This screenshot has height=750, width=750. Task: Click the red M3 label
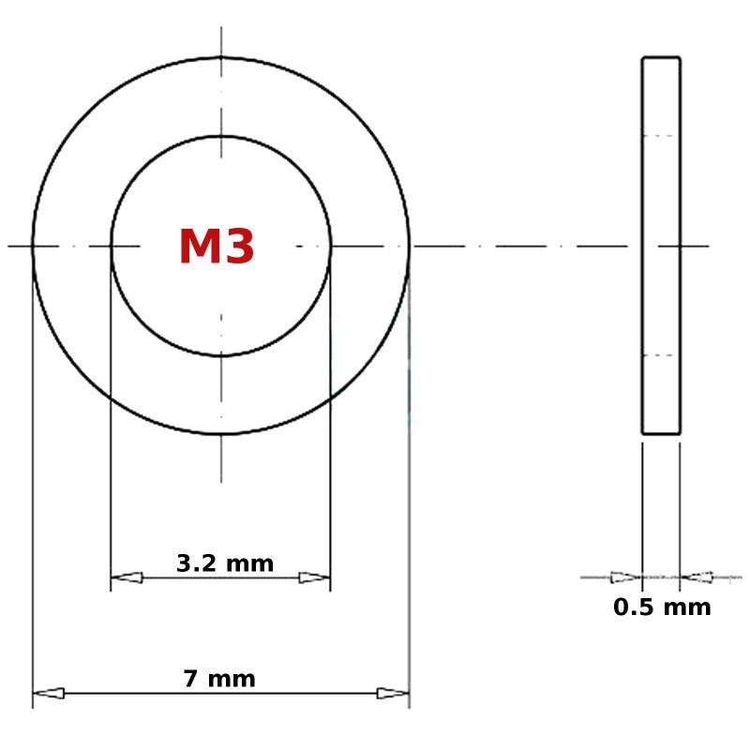pyautogui.click(x=217, y=246)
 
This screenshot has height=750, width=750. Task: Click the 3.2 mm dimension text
pyautogui.click(x=225, y=563)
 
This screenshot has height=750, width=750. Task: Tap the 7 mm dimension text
pyautogui.click(x=219, y=679)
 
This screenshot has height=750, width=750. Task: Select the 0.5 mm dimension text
pyautogui.click(x=662, y=607)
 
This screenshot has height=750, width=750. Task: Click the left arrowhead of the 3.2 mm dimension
pyautogui.click(x=127, y=577)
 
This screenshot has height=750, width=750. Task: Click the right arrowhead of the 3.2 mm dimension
pyautogui.click(x=314, y=577)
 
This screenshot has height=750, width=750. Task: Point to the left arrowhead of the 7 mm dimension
pyautogui.click(x=49, y=693)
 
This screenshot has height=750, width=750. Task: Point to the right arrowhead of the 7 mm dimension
pyautogui.click(x=393, y=693)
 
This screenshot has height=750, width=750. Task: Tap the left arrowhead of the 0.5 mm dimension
pyautogui.click(x=626, y=577)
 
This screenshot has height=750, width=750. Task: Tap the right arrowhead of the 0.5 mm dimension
pyautogui.click(x=697, y=577)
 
